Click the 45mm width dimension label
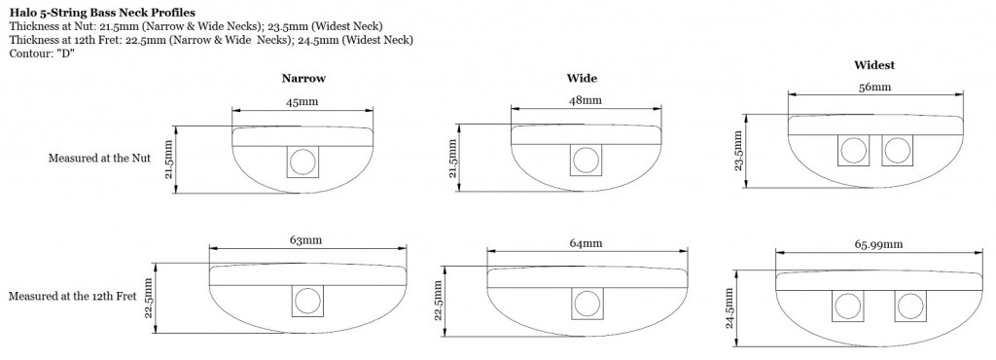[302, 101]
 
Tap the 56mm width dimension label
[874, 87]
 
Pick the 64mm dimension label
[586, 243]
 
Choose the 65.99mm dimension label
[878, 244]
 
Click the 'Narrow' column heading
[303, 79]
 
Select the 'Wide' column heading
[582, 79]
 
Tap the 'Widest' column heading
[874, 65]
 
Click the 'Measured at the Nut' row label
[100, 158]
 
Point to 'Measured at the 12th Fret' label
[72, 297]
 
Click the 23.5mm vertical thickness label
[737, 151]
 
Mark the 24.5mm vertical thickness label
[729, 307]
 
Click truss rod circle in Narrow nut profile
[302, 161]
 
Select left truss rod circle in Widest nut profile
[853, 151]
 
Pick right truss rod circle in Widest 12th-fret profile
[909, 306]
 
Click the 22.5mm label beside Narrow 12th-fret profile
[149, 299]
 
